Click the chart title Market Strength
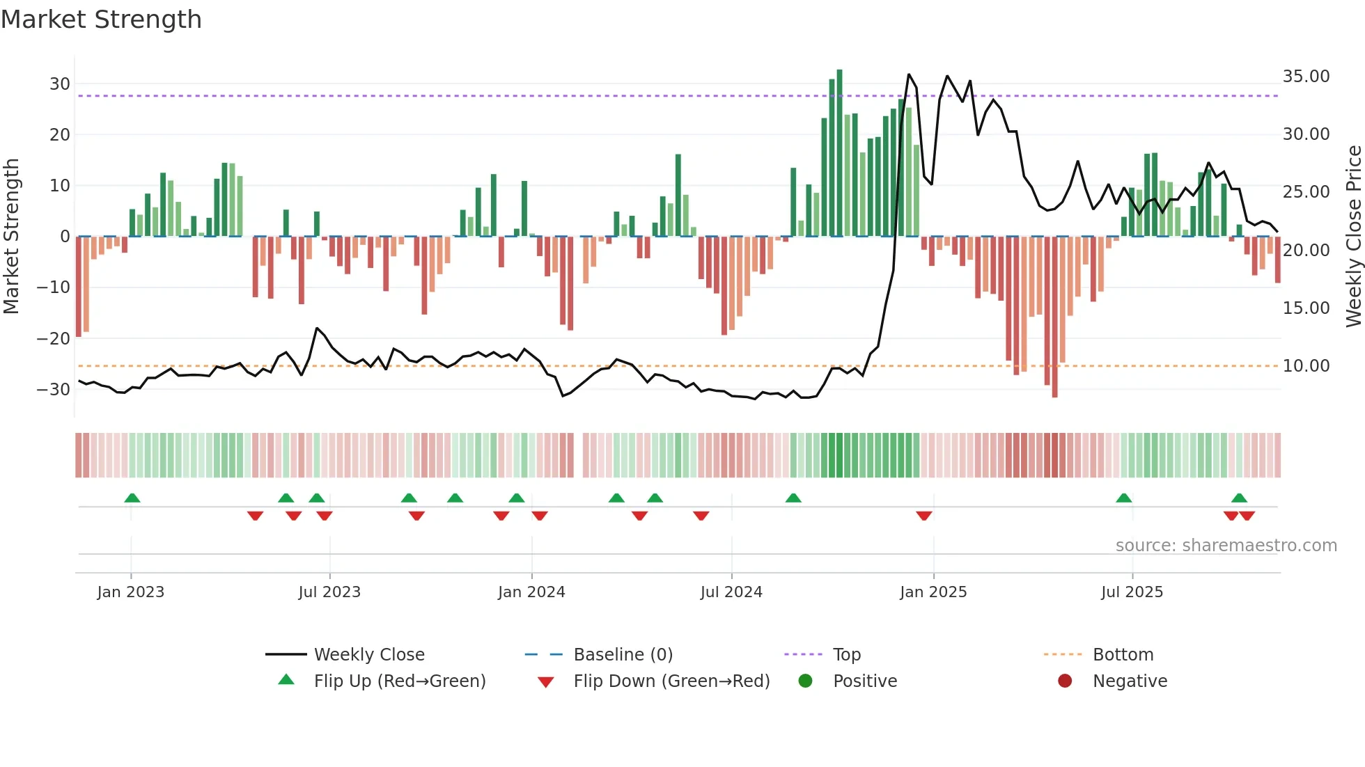101,19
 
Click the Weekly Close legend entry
368,655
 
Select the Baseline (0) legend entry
623,655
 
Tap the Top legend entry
846,655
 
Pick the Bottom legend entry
1123,655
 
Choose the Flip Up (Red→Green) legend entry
399,681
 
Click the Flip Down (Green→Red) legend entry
671,681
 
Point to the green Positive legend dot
805,681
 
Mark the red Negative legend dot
1065,681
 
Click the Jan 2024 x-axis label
531,592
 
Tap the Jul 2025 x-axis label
1132,592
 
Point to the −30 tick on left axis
54,390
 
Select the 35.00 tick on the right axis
1306,77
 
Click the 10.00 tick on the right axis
1306,366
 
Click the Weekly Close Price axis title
1353,237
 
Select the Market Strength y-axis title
11,237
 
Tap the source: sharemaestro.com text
1226,546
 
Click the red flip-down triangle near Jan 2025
924,516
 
